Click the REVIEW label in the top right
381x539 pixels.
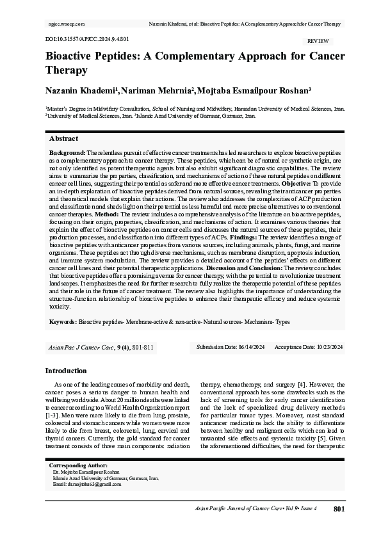pos(319,40)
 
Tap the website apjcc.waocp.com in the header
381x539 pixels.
pos(67,24)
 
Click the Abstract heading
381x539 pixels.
pos(64,138)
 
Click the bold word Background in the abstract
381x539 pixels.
pos(67,154)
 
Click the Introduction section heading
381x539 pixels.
pos(66,371)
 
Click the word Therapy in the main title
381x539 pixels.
pos(66,70)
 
